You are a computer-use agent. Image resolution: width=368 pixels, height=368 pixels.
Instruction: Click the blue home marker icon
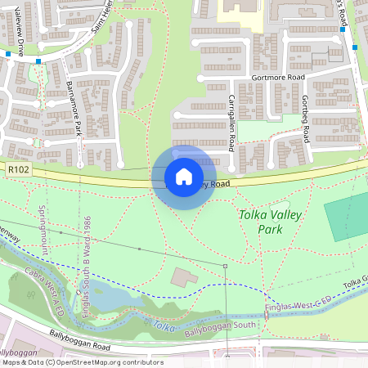184,177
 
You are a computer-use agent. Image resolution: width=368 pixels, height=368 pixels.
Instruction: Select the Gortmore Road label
278,77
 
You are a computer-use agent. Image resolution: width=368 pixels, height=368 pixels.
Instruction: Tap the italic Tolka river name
164,325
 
